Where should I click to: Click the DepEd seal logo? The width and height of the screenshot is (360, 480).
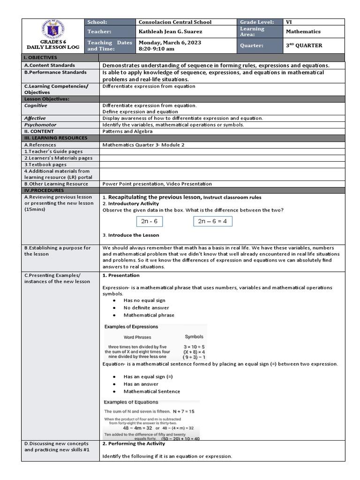[x=52, y=29]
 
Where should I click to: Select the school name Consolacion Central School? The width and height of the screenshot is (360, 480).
[x=175, y=22]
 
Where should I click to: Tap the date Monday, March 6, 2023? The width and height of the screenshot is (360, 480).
[x=169, y=43]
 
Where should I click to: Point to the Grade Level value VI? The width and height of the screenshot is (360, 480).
[x=289, y=22]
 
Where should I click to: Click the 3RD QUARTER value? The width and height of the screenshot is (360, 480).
[x=304, y=45]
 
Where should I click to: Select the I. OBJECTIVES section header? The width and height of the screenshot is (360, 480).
[x=40, y=57]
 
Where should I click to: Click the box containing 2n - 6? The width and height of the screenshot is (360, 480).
[x=149, y=221]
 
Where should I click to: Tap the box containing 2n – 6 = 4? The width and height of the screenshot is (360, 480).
[x=212, y=221]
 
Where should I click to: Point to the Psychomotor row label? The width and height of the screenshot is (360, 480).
[x=40, y=125]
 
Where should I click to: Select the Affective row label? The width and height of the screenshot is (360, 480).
[x=36, y=119]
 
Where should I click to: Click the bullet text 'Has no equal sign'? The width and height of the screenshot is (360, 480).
[x=144, y=300]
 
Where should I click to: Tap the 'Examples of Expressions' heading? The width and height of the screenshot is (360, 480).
[x=131, y=327]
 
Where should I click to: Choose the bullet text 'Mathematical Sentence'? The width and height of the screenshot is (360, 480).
[x=151, y=391]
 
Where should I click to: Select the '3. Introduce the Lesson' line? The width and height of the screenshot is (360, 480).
[x=131, y=235]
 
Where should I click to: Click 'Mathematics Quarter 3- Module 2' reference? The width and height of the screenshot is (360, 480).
[x=143, y=145]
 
